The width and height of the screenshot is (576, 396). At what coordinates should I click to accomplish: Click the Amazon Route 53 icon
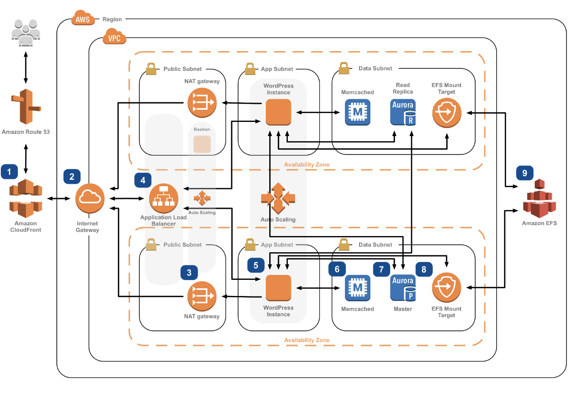pyautogui.click(x=26, y=106)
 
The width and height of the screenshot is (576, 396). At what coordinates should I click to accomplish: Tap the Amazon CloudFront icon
pyautogui.click(x=26, y=198)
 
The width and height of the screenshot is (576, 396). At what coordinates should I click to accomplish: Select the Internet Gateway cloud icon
pyautogui.click(x=90, y=198)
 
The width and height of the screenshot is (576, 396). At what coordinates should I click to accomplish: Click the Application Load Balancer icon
pyautogui.click(x=164, y=198)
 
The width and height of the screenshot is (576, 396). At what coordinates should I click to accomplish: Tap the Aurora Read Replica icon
pyautogui.click(x=403, y=112)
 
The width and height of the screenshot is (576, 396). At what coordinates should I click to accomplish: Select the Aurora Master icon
pyautogui.click(x=403, y=288)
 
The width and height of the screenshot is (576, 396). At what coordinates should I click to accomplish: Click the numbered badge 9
pyautogui.click(x=525, y=173)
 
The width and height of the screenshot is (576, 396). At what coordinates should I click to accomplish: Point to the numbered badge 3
pyautogui.click(x=189, y=273)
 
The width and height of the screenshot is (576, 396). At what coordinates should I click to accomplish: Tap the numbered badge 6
pyautogui.click(x=337, y=269)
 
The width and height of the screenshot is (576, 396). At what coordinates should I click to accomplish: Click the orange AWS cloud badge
pyautogui.click(x=83, y=19)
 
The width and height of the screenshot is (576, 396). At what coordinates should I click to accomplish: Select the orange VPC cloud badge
pyautogui.click(x=115, y=37)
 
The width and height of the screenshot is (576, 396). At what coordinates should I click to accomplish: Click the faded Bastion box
pyautogui.click(x=202, y=144)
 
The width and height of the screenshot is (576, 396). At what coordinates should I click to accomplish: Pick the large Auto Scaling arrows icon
pyautogui.click(x=278, y=198)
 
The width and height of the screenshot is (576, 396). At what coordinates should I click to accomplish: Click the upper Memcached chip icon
pyautogui.click(x=357, y=112)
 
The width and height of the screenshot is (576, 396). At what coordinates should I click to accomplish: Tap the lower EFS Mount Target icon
pyautogui.click(x=446, y=287)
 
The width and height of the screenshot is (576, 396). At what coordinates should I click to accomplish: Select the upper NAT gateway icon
pyautogui.click(x=202, y=103)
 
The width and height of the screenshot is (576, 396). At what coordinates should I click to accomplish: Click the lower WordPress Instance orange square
pyautogui.click(x=278, y=288)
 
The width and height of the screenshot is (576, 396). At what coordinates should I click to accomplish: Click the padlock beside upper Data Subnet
pyautogui.click(x=344, y=68)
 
